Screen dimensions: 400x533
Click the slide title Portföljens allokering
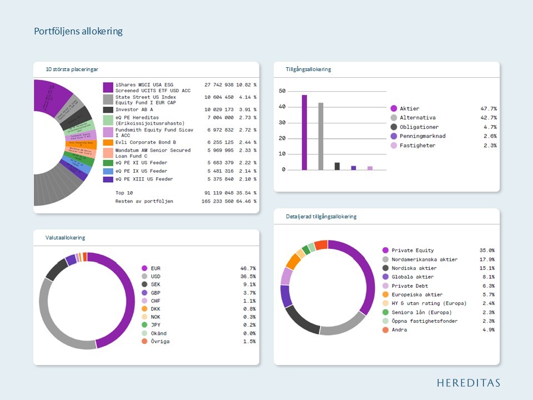tap(78, 32)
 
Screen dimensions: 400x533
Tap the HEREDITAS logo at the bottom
tap(468, 383)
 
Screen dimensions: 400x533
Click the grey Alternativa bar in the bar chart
tap(320, 136)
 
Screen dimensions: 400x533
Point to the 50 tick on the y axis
tap(282, 91)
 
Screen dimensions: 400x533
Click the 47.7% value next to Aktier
tap(488, 109)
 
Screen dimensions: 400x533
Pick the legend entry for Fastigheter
tap(417, 146)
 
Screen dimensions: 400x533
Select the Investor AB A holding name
tap(134, 110)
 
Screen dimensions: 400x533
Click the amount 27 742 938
tap(219, 85)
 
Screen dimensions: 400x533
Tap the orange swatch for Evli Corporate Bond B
tap(108, 142)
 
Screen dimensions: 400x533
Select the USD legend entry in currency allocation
tap(155, 277)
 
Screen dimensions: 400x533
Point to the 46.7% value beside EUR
tap(248, 268)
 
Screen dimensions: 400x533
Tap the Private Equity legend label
tap(413, 251)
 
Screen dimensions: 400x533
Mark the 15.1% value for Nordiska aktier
tap(487, 268)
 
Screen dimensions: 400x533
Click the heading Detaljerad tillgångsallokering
tap(318, 217)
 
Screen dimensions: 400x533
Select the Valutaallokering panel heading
tap(66, 238)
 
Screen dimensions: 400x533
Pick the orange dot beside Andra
tap(385, 330)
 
